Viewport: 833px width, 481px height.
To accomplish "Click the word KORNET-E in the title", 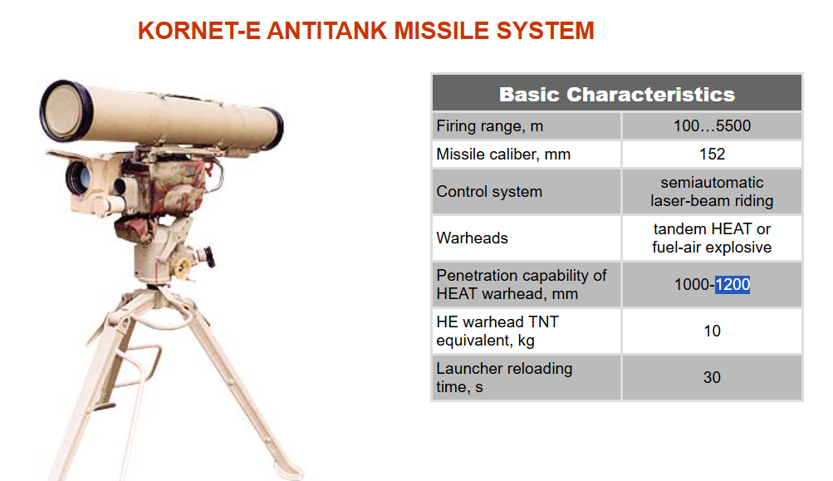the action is click(x=199, y=31).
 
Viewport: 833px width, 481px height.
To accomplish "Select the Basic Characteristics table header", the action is click(x=617, y=94).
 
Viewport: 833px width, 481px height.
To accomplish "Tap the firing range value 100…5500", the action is click(x=712, y=126).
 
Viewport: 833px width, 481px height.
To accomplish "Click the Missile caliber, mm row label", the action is click(x=503, y=155).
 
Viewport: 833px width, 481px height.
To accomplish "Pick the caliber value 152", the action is click(x=712, y=155).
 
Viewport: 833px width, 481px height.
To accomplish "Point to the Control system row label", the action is click(x=489, y=191).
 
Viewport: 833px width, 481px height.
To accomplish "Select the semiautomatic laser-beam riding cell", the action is click(x=712, y=191).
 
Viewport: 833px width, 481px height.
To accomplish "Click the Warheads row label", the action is click(x=472, y=238).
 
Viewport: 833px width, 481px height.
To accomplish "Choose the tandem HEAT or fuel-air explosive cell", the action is click(x=712, y=238).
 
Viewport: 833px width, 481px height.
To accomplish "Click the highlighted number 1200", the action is click(x=733, y=284).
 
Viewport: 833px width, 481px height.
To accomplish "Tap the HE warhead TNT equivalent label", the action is click(x=497, y=331).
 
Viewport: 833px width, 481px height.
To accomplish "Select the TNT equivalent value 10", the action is click(x=712, y=331).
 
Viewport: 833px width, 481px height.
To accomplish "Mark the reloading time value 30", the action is click(x=712, y=377).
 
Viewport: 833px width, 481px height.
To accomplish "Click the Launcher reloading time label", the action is click(x=504, y=377).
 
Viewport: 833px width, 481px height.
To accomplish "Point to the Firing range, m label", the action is click(x=489, y=126).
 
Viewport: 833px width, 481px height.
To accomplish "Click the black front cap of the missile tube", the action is click(x=66, y=110).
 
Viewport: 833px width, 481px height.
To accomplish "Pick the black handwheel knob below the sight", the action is click(x=210, y=256).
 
